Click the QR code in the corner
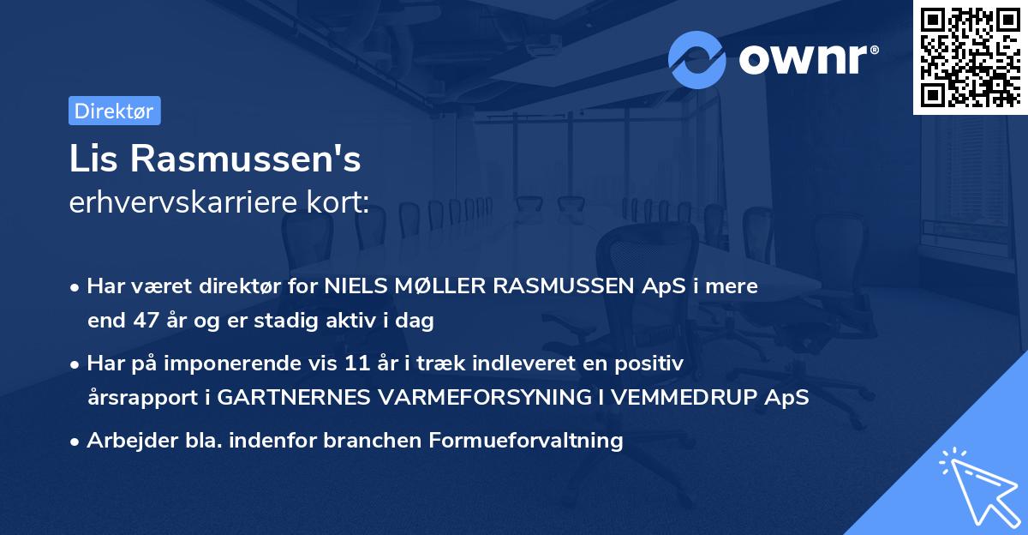point(970,57)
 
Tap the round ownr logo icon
point(696,59)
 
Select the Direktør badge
point(114,111)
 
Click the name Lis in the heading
point(93,159)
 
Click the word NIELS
point(350,286)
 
